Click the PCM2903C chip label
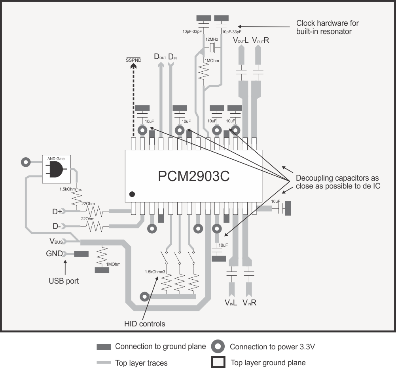[x=194, y=176]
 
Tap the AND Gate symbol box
[x=57, y=169]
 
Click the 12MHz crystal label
[x=210, y=40]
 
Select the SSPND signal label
[x=132, y=60]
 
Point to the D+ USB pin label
[x=57, y=212]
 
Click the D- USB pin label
[x=57, y=227]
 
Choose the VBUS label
[x=56, y=241]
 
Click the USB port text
[x=64, y=281]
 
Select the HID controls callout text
[x=144, y=324]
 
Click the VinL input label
[x=231, y=303]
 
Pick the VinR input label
[x=250, y=303]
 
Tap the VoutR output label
[x=260, y=40]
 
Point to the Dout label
[x=160, y=57]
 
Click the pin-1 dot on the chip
[x=133, y=194]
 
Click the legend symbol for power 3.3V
[x=218, y=347]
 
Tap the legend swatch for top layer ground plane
[x=218, y=362]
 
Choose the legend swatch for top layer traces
[x=104, y=362]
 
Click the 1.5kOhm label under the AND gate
[x=68, y=189]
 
